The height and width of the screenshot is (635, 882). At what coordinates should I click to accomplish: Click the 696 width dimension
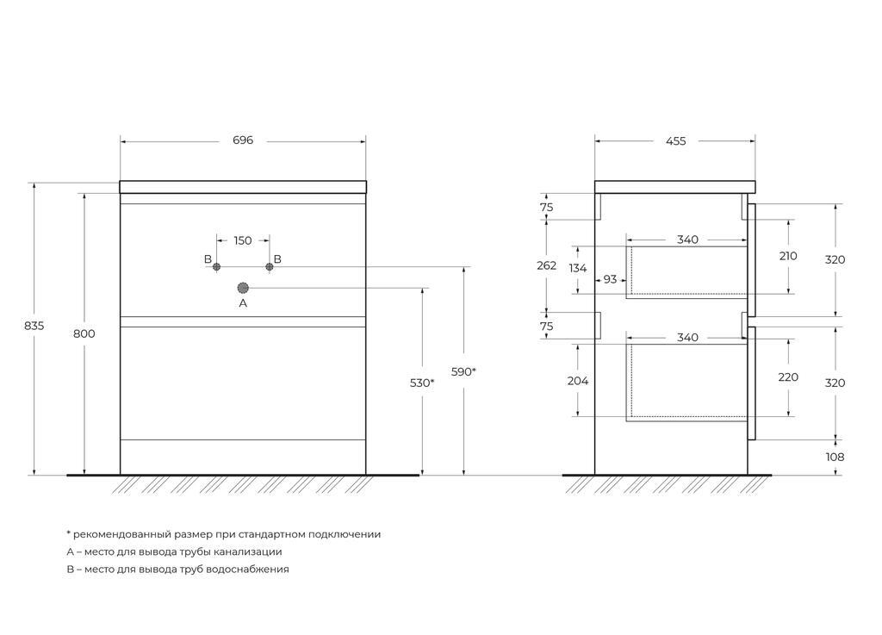pyautogui.click(x=243, y=140)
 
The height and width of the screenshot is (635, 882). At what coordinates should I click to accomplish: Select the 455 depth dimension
pyautogui.click(x=676, y=141)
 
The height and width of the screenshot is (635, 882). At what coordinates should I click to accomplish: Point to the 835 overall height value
pyautogui.click(x=34, y=327)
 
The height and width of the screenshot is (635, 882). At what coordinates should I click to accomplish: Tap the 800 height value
pyautogui.click(x=84, y=333)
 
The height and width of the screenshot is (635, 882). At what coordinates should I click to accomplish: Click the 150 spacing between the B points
pyautogui.click(x=243, y=240)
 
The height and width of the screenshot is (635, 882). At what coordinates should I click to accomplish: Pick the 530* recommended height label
pyautogui.click(x=422, y=383)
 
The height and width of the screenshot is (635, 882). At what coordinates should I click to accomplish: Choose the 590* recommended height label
pyautogui.click(x=463, y=372)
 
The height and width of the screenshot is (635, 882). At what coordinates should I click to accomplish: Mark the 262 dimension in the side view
pyautogui.click(x=547, y=265)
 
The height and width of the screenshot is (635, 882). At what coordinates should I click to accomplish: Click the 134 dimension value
pyautogui.click(x=577, y=268)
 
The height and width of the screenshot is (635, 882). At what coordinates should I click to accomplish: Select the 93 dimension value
pyautogui.click(x=610, y=279)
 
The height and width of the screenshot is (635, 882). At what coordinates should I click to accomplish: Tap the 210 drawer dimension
pyautogui.click(x=788, y=256)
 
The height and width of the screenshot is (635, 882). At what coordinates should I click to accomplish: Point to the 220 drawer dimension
pyautogui.click(x=788, y=377)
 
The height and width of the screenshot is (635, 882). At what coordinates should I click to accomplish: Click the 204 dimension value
pyautogui.click(x=577, y=380)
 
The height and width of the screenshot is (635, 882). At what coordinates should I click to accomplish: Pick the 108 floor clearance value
pyautogui.click(x=835, y=457)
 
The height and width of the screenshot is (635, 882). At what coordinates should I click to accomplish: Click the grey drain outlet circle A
pyautogui.click(x=243, y=287)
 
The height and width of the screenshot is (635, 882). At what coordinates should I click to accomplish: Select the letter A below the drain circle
pyautogui.click(x=243, y=303)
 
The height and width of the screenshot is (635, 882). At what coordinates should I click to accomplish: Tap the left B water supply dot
pyautogui.click(x=216, y=267)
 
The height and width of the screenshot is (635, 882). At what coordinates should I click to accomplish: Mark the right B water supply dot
pyautogui.click(x=269, y=267)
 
